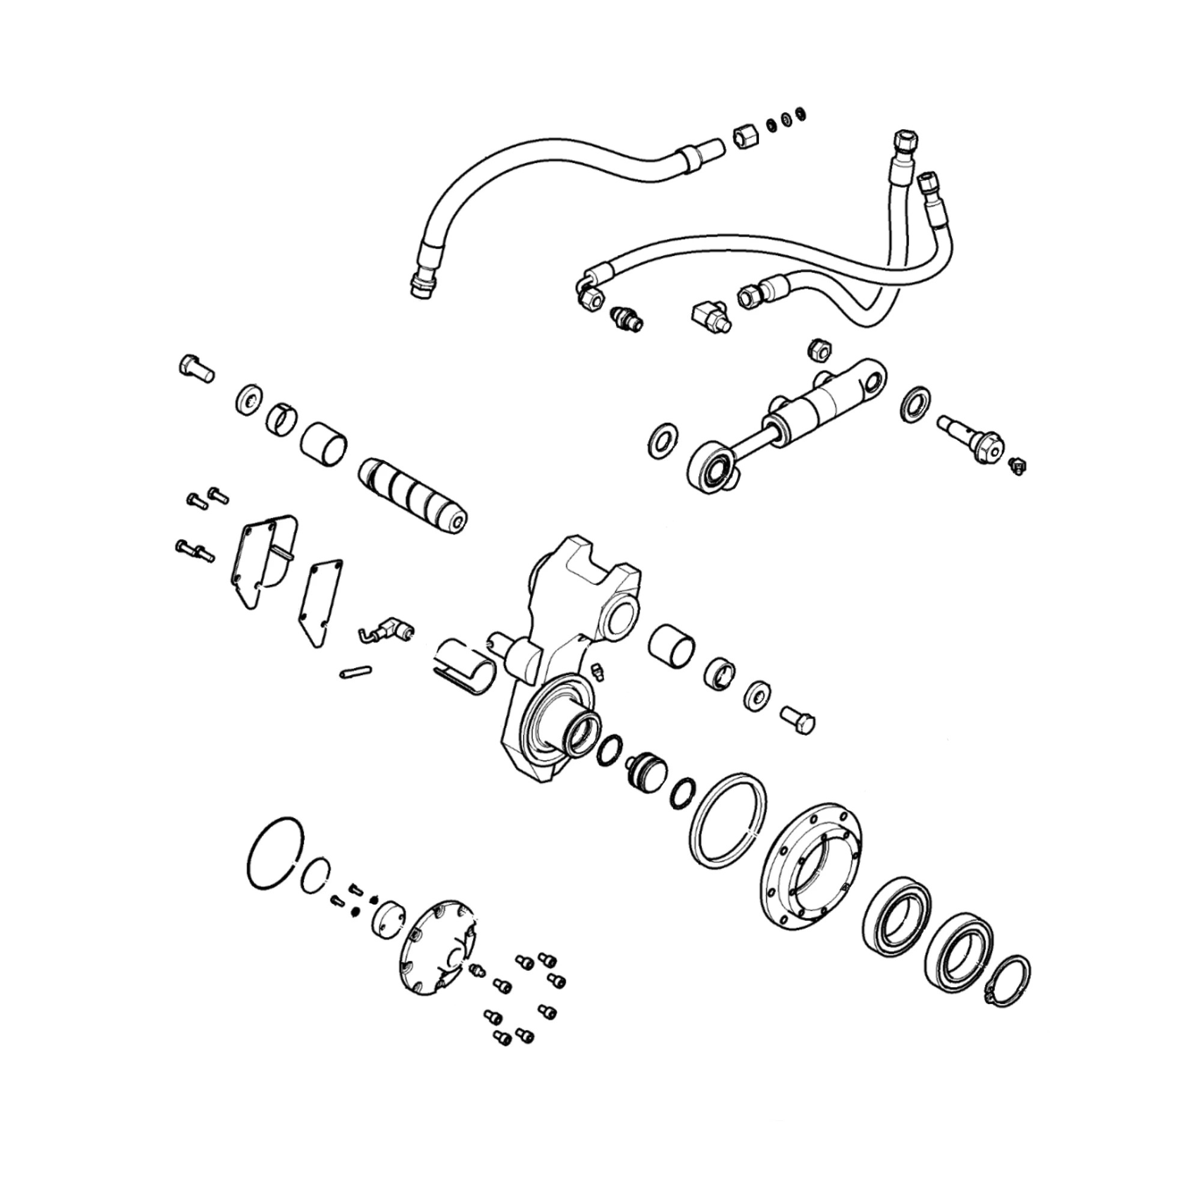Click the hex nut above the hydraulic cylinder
(817, 351)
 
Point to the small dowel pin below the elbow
(356, 672)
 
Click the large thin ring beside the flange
(727, 821)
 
